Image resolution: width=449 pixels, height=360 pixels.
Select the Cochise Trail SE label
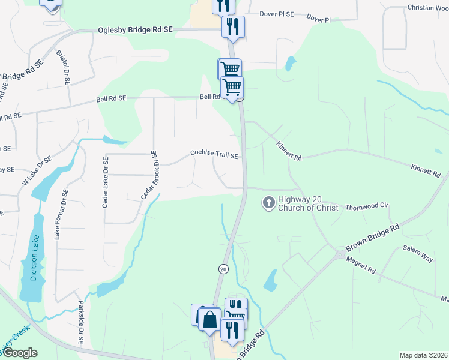click(x=215, y=154)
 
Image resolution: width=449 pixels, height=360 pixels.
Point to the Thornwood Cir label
click(x=367, y=206)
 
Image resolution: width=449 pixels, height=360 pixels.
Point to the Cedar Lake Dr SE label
click(x=106, y=183)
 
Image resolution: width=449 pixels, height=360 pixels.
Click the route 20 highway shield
click(x=223, y=269)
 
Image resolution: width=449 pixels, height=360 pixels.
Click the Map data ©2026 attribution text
click(x=424, y=355)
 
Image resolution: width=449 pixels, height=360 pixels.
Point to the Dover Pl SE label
click(x=277, y=14)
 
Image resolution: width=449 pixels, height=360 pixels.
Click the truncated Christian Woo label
click(x=428, y=8)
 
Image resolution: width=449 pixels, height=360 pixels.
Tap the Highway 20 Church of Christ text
click(x=310, y=203)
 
